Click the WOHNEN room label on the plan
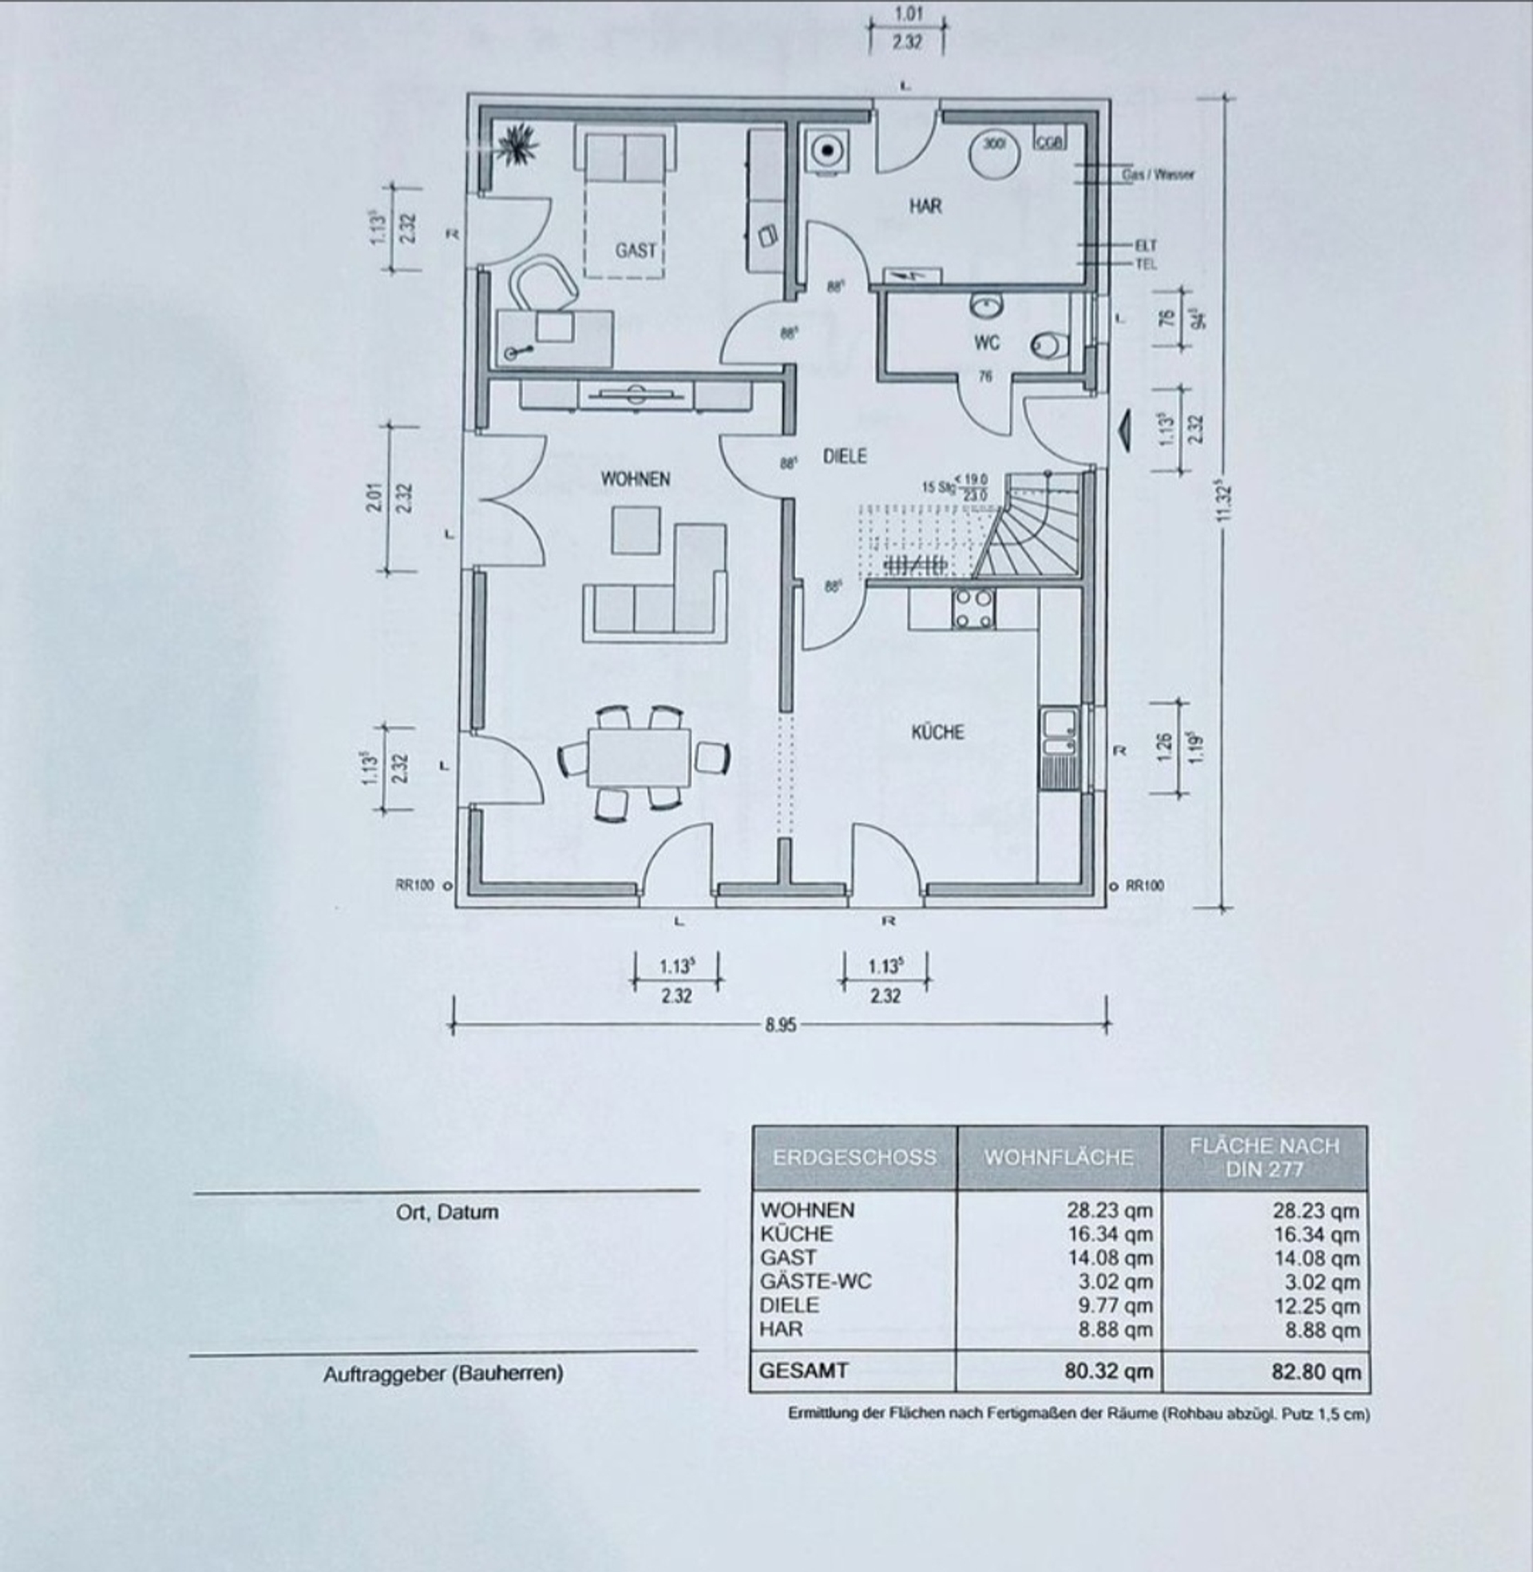click(635, 479)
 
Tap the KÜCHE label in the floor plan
click(937, 732)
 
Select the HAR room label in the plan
click(925, 206)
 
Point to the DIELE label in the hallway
click(845, 457)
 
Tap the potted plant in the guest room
click(517, 145)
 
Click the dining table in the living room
click(639, 757)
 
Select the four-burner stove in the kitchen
click(972, 608)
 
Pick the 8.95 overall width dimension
click(780, 1025)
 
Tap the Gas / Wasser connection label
click(1158, 174)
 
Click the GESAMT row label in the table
click(802, 1370)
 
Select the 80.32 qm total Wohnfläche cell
click(1108, 1371)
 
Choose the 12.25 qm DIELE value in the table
click(1316, 1305)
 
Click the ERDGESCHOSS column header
click(854, 1157)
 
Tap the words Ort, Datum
click(447, 1212)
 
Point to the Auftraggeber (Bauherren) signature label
click(443, 1373)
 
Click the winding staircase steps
click(1036, 527)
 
